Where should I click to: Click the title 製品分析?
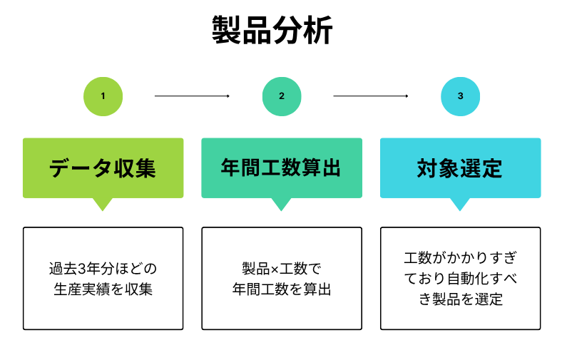(x=272, y=30)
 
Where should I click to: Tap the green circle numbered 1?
(x=103, y=96)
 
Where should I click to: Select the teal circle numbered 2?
(x=282, y=96)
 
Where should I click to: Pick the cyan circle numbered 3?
(x=460, y=96)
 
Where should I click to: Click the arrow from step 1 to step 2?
(x=192, y=96)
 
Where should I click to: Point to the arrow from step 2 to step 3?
(x=371, y=96)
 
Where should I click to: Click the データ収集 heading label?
(x=103, y=168)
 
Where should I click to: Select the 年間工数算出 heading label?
(x=281, y=168)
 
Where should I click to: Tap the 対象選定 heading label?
(x=460, y=168)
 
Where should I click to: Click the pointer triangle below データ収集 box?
(x=103, y=203)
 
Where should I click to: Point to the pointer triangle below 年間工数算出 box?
(x=281, y=203)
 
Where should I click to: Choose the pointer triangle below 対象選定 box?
(x=460, y=203)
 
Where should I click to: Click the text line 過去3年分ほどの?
(x=103, y=269)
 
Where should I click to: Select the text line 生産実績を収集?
(x=103, y=289)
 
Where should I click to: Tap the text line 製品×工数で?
(x=282, y=269)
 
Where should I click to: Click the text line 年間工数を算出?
(x=282, y=289)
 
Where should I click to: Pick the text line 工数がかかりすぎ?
(x=461, y=258)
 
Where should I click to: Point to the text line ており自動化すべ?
(x=461, y=279)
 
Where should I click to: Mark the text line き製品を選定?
(x=461, y=299)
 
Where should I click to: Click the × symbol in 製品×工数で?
(x=275, y=269)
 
